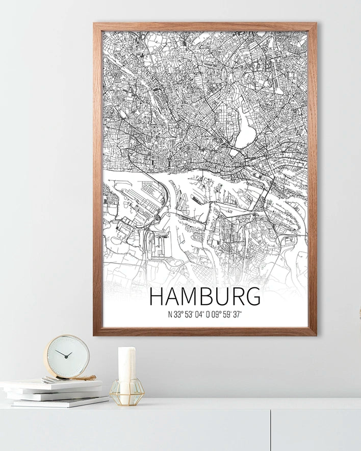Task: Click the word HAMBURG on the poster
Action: pyautogui.click(x=205, y=297)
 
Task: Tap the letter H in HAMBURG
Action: pyautogui.click(x=157, y=297)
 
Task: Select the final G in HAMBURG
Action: pyautogui.click(x=252, y=297)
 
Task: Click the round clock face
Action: pyautogui.click(x=67, y=356)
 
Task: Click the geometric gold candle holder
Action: pyautogui.click(x=126, y=392)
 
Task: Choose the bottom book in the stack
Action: pyautogui.click(x=59, y=402)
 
